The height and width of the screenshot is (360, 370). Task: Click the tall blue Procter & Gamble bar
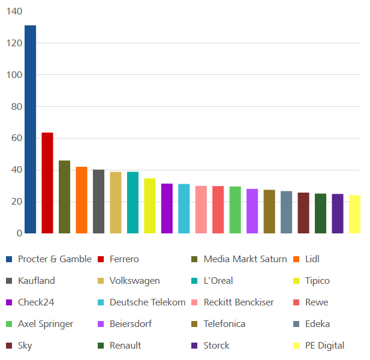click(30, 130)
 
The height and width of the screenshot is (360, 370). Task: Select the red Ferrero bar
click(47, 183)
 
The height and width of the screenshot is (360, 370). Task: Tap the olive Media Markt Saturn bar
click(64, 197)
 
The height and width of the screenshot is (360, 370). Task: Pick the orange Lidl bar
click(82, 200)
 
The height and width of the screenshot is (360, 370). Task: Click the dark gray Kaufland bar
click(98, 202)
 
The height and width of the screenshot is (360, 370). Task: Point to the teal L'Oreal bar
click(133, 203)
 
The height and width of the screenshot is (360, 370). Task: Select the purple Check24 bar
click(167, 208)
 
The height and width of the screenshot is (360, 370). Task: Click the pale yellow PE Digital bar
click(354, 214)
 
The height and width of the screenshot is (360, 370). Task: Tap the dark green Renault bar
click(320, 214)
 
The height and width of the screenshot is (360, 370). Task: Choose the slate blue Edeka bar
click(287, 212)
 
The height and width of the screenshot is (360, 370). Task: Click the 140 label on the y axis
click(14, 11)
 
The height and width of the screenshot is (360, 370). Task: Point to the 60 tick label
click(17, 138)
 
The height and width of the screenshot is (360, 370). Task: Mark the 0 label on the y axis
click(20, 233)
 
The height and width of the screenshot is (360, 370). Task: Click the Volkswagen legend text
click(135, 281)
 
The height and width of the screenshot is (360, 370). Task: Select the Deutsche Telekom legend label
click(148, 302)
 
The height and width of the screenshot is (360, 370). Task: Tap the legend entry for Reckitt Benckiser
click(239, 302)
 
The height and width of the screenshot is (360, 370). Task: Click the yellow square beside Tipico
click(296, 281)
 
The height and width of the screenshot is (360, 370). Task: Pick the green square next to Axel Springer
click(9, 324)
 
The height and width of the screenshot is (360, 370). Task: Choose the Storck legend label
click(216, 346)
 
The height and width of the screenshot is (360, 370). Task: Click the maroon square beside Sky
click(9, 346)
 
